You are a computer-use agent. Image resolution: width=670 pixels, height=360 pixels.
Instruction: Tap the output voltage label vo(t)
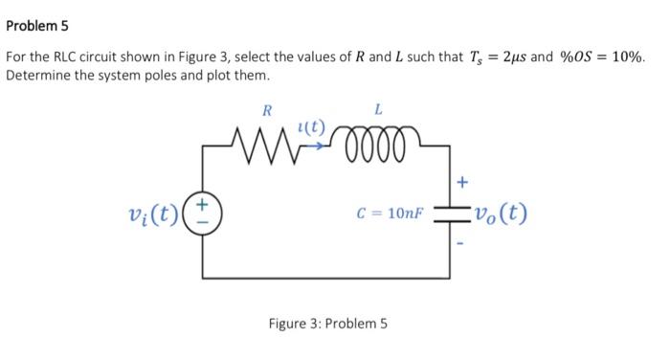(501, 213)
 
